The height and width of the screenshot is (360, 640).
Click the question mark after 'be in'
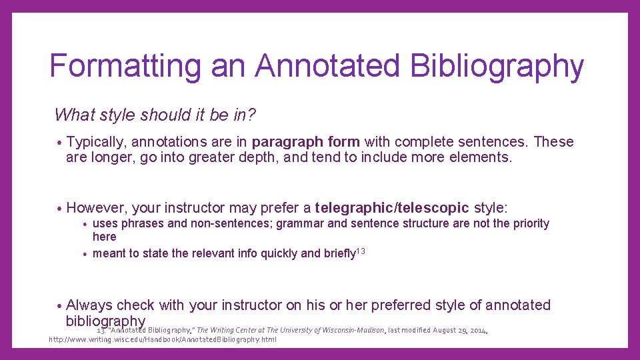click(251, 115)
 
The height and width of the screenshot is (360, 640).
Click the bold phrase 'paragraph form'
click(306, 142)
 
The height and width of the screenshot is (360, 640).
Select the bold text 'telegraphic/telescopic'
click(392, 207)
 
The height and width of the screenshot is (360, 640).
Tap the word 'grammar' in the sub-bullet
click(304, 223)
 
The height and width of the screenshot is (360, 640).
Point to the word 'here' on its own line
click(104, 237)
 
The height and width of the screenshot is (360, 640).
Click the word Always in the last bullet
click(89, 305)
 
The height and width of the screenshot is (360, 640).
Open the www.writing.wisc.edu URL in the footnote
click(163, 339)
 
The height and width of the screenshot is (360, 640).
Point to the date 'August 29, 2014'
click(460, 330)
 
